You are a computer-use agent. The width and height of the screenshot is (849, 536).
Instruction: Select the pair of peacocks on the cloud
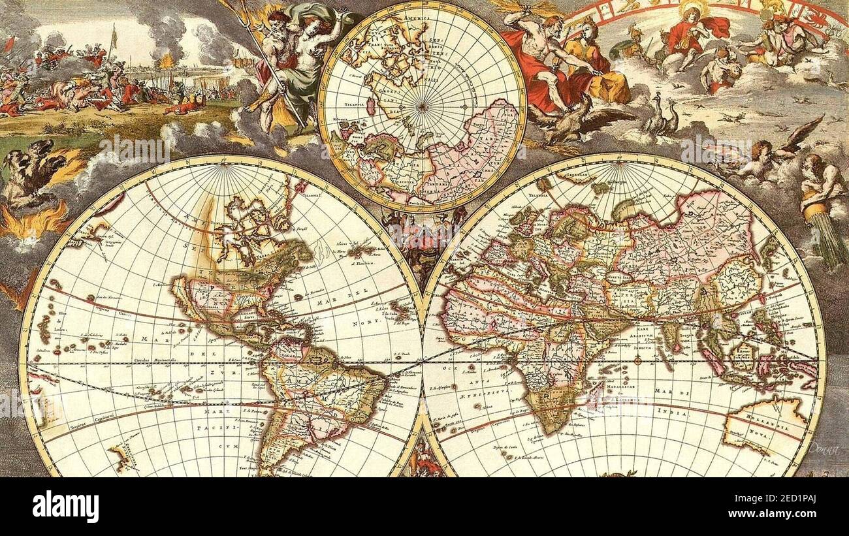point(662,118)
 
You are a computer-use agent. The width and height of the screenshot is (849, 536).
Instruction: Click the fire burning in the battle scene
point(167,61)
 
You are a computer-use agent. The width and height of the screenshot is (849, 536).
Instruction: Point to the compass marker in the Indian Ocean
point(637,360)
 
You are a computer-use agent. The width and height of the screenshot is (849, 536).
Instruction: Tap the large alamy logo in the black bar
point(65,506)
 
